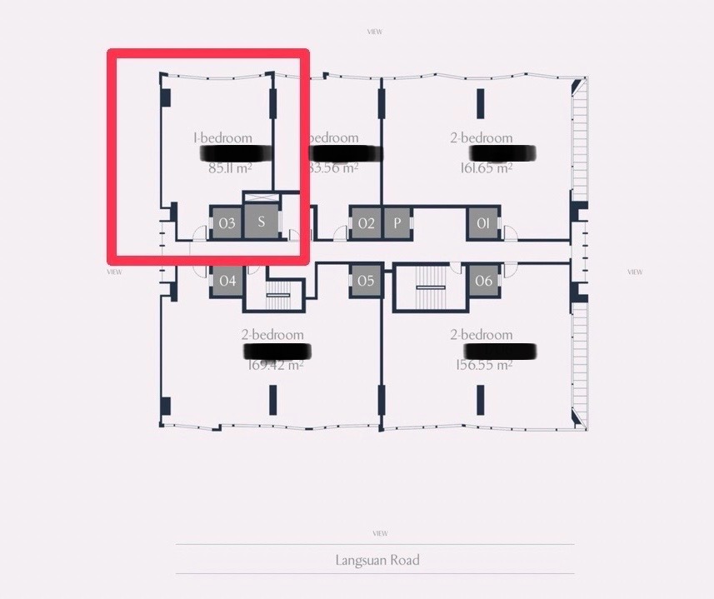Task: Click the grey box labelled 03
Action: point(227,223)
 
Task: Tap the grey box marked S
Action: point(261,222)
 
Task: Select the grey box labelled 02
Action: point(367,223)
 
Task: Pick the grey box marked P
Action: point(397,223)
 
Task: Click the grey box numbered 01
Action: point(482,223)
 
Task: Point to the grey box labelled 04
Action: point(227,281)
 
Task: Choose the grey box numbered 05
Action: point(366,281)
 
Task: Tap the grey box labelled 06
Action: point(483,281)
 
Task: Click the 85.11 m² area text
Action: point(230,167)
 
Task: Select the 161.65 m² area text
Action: point(486,167)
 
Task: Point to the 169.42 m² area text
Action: point(275,364)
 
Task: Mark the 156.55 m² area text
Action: point(484,364)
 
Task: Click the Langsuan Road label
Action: point(377,560)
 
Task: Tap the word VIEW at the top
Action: point(375,32)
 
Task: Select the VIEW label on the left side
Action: point(115,272)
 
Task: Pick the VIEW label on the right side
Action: point(635,272)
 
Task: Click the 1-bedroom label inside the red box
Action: point(222,138)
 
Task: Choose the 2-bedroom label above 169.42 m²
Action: point(272,335)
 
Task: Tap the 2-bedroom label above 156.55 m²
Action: point(482,335)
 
